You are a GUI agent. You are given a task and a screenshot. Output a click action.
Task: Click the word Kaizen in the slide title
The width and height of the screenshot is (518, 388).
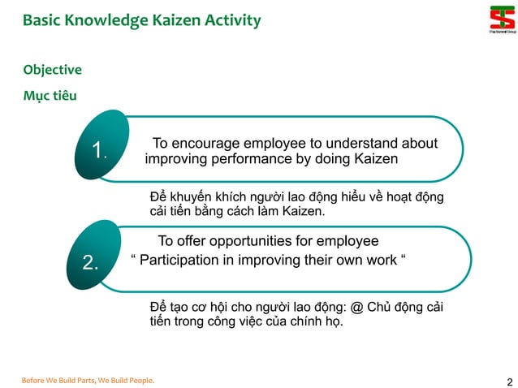(x=179, y=19)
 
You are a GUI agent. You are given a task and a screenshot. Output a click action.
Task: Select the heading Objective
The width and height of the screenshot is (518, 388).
(x=52, y=70)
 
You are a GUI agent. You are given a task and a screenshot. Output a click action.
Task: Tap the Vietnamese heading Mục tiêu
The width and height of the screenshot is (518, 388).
(x=50, y=96)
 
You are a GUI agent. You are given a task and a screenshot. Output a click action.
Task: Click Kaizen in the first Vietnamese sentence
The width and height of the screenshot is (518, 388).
(x=302, y=212)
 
